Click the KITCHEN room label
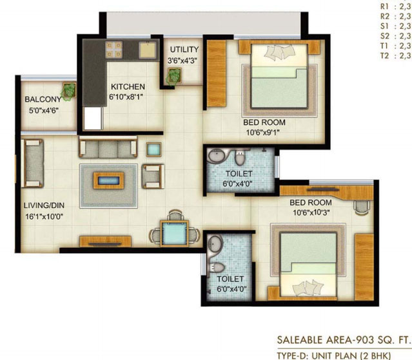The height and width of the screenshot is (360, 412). pyautogui.click(x=128, y=86)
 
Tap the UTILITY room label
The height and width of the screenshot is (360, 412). pyautogui.click(x=184, y=50)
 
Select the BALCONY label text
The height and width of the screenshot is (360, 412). pyautogui.click(x=43, y=99)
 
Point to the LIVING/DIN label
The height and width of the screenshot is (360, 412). pyautogui.click(x=44, y=205)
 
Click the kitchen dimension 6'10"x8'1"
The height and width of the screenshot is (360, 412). pyautogui.click(x=126, y=97)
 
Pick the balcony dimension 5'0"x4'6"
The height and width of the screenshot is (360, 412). pyautogui.click(x=44, y=111)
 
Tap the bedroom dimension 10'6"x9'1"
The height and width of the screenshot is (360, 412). pyautogui.click(x=262, y=133)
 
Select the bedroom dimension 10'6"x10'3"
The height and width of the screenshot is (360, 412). pyautogui.click(x=311, y=213)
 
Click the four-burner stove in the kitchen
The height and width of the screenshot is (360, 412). pyautogui.click(x=114, y=50)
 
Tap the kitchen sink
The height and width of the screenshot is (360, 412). pyautogui.click(x=148, y=50)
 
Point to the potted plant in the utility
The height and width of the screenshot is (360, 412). pyautogui.click(x=173, y=76)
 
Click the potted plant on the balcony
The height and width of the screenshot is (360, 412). pyautogui.click(x=69, y=91)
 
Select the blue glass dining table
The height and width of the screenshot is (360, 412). pyautogui.click(x=175, y=234)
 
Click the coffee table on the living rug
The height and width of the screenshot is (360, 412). pyautogui.click(x=108, y=180)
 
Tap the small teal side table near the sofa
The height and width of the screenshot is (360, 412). pyautogui.click(x=153, y=149)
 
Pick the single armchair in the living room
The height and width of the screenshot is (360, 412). pyautogui.click(x=153, y=176)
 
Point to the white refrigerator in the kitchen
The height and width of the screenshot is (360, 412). pyautogui.click(x=92, y=118)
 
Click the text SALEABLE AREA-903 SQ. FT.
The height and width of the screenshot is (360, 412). pyautogui.click(x=344, y=340)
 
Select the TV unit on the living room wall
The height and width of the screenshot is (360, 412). pyautogui.click(x=105, y=242)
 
